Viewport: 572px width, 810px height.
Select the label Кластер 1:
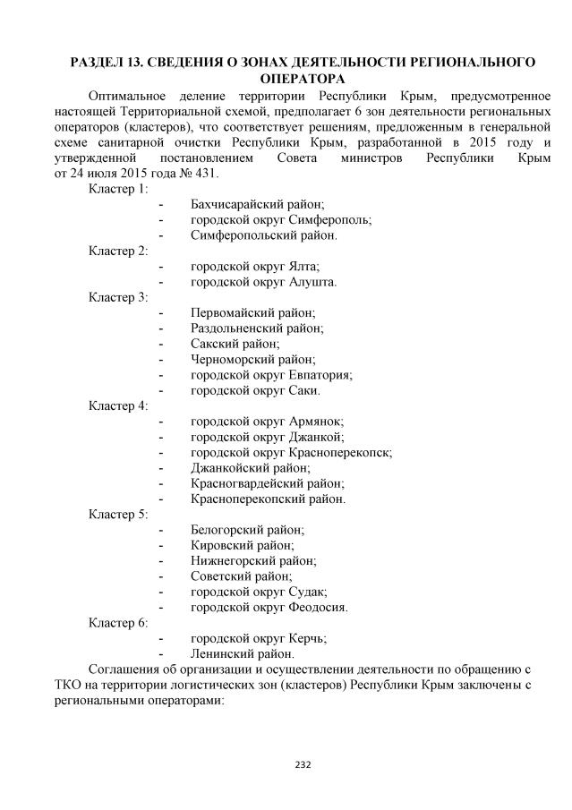[x=118, y=189]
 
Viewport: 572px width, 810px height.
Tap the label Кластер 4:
[x=118, y=405]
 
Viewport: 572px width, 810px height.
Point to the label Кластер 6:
[x=118, y=622]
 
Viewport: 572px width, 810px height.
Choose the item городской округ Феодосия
[x=269, y=607]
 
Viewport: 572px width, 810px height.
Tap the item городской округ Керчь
[x=258, y=638]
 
